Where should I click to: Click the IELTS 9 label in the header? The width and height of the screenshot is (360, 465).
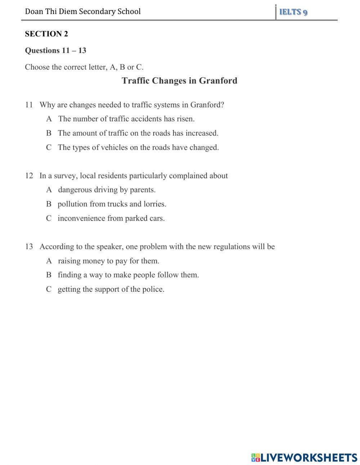click(293, 12)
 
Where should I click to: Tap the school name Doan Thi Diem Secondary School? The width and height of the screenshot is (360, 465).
click(83, 12)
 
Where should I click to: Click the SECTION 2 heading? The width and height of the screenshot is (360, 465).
click(46, 34)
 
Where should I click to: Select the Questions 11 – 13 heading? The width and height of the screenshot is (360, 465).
click(55, 50)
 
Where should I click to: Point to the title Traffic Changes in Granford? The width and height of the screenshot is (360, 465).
click(179, 80)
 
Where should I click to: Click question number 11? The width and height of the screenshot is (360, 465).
click(29, 105)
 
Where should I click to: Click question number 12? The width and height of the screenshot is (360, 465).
click(29, 176)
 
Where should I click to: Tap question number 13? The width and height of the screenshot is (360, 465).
click(29, 247)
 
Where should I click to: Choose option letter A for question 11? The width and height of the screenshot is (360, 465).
click(49, 119)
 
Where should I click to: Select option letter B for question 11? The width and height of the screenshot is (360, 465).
click(49, 133)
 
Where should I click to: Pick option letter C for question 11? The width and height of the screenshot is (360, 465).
click(49, 147)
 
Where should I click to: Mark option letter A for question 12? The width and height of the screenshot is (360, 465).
click(49, 190)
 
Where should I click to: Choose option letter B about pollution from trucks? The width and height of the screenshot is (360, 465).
click(49, 204)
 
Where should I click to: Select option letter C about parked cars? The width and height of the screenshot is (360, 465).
click(49, 218)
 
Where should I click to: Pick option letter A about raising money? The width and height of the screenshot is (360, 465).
click(49, 261)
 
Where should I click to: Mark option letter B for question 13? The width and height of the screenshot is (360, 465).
click(49, 275)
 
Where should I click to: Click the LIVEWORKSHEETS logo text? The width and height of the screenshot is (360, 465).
click(309, 457)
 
